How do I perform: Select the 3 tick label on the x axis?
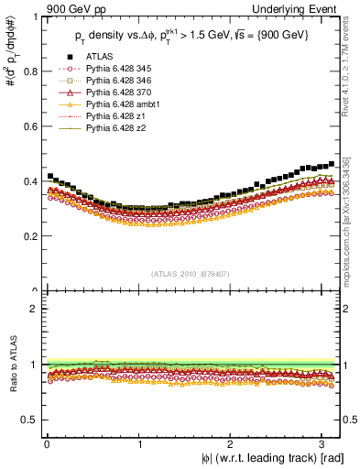click(x=324, y=443)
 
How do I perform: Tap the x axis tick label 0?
click(x=47, y=443)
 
